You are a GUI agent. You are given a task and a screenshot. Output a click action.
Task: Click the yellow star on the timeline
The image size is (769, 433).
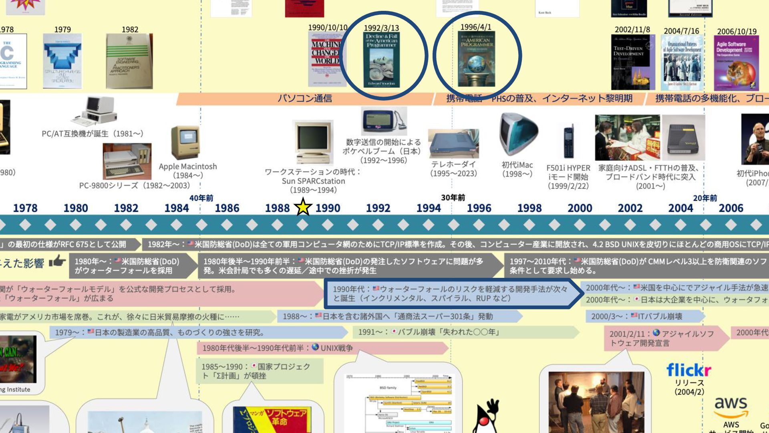(x=303, y=207)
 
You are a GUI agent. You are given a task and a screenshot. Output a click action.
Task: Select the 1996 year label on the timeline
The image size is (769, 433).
(x=479, y=208)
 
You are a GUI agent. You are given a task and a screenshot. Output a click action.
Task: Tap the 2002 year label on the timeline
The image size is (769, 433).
(x=630, y=208)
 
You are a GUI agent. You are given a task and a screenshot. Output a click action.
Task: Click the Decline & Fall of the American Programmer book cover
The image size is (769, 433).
(x=382, y=60)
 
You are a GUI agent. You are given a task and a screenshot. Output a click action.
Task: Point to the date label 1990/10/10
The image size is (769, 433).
(x=328, y=27)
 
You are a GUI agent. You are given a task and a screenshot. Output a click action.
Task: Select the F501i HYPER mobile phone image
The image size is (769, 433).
(x=568, y=142)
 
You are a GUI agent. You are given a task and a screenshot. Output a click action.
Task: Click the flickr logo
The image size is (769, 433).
(x=688, y=370)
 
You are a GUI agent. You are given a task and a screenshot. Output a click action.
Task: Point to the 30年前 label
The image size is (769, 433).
(x=453, y=198)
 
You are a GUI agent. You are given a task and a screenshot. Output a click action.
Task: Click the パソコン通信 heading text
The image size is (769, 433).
(x=305, y=99)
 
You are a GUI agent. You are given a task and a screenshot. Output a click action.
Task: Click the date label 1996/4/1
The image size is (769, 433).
(x=475, y=27)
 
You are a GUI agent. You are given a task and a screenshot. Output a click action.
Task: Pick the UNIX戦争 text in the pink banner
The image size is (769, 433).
(x=336, y=348)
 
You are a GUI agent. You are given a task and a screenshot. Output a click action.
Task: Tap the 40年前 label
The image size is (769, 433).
(x=201, y=198)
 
